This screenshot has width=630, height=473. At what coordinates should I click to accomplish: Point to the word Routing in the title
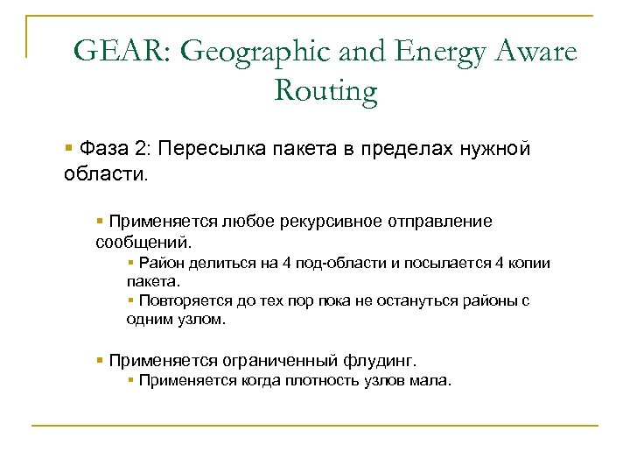click(325, 89)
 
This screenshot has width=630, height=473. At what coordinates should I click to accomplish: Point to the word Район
click(162, 263)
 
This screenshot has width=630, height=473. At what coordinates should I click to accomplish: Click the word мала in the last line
click(430, 380)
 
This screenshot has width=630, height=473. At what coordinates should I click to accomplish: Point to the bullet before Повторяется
click(129, 300)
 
